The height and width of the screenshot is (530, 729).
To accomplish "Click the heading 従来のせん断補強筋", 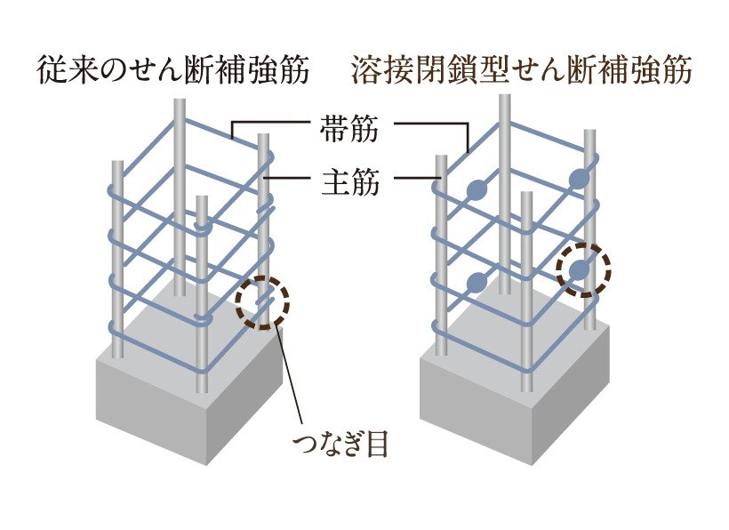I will coord(173,71).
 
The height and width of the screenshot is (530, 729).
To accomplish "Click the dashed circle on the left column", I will coord(262,302).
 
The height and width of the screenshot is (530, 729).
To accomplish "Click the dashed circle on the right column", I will coord(584,269).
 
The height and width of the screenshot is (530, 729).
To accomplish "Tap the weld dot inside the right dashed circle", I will coord(581,269).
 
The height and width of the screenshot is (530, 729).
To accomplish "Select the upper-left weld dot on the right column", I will coord(477,189).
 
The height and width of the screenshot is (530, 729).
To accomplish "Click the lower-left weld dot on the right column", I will coord(477,283).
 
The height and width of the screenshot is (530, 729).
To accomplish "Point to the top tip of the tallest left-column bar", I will coord(180,103).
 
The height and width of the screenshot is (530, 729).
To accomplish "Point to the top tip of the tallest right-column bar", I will coord(504,97).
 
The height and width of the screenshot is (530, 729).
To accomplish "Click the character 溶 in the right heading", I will coord(364,71).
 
